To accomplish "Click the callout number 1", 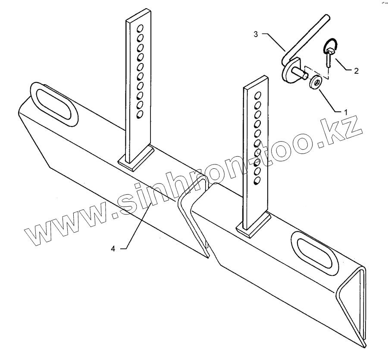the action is click(345, 111).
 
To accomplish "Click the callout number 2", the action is click(356, 71).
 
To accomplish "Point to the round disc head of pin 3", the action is click(288, 72).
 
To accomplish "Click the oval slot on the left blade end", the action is click(54, 104).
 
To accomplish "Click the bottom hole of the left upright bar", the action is click(140, 114).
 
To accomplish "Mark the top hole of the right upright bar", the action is click(258, 95).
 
